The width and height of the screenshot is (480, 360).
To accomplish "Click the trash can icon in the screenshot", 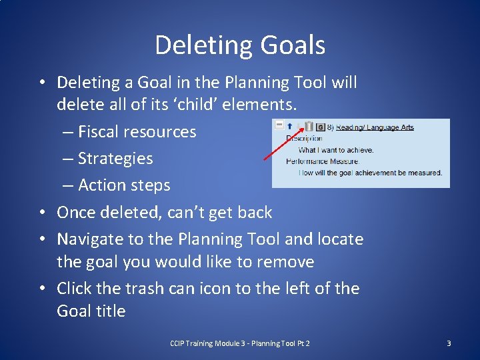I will coord(309,126).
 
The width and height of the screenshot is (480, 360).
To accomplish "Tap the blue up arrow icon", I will coord(291,126).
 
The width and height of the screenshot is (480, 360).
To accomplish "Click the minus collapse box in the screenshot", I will coord(279,125).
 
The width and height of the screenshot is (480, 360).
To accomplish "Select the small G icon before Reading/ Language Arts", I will coord(320,127).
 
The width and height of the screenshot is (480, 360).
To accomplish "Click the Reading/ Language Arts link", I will coord(375,127).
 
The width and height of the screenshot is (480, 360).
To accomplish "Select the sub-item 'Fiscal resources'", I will coord(137,131).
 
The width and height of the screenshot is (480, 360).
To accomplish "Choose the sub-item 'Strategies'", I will coord(115,158).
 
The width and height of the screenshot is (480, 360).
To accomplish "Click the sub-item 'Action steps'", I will coord(124,185).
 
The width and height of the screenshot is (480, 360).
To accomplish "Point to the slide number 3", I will coord(449,343).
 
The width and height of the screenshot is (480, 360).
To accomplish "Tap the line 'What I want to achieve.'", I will coord(336,150).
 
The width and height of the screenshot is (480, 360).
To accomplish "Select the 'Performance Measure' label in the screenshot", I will coord(323,161).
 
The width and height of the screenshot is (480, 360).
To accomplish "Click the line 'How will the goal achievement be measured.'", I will coord(370,173).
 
